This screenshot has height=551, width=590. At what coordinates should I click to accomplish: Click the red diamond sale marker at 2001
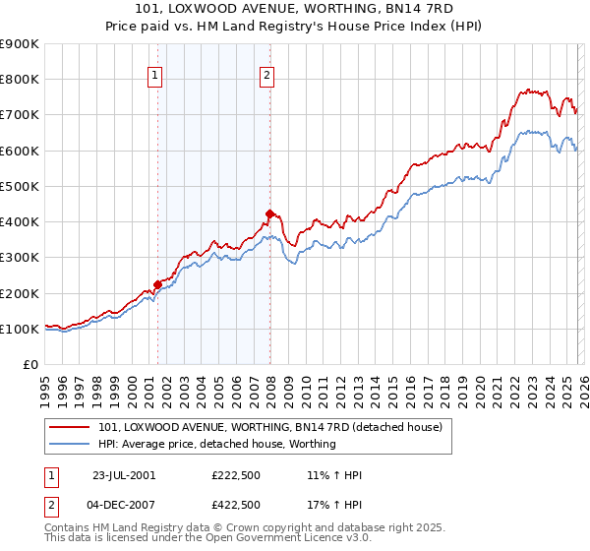[157, 285]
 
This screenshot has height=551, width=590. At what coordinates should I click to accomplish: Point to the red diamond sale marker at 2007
[269, 214]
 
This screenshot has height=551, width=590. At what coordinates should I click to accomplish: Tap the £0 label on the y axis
[29, 364]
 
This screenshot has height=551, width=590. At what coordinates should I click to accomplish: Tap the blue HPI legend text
[217, 444]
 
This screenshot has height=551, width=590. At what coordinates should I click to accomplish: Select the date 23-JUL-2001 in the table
[124, 475]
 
